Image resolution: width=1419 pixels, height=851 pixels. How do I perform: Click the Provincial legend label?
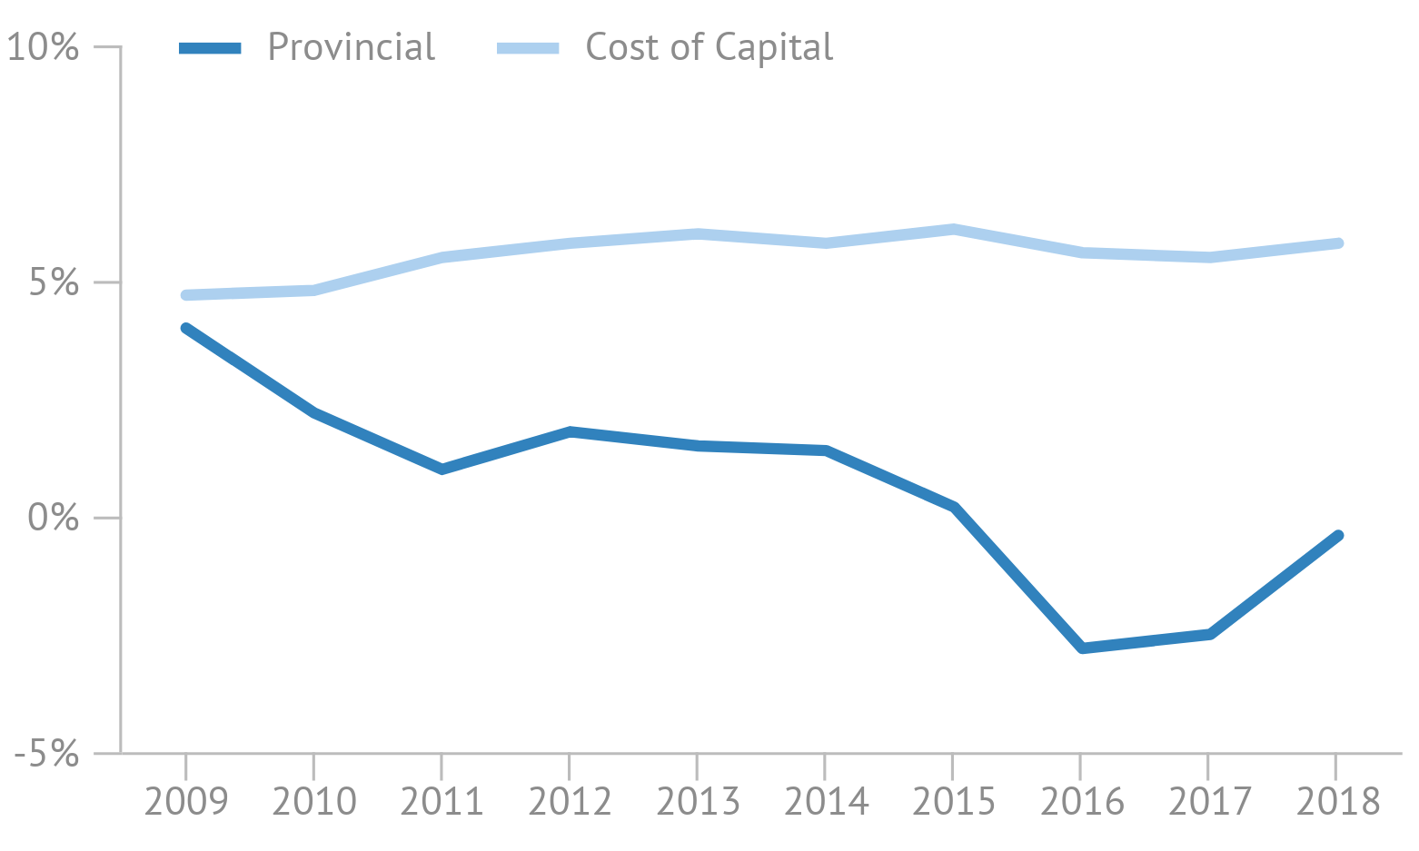pyautogui.click(x=352, y=47)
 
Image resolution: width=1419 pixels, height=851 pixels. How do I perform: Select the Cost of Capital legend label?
pyautogui.click(x=709, y=47)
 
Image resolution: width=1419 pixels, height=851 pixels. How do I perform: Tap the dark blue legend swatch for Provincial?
pyautogui.click(x=210, y=48)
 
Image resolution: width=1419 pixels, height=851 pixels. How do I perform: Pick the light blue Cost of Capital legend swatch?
pyautogui.click(x=528, y=48)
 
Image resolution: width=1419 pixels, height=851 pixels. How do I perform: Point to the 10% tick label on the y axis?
pyautogui.click(x=44, y=47)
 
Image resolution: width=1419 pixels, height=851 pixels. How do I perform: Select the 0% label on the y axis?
pyautogui.click(x=53, y=518)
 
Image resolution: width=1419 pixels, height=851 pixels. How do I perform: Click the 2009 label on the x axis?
pyautogui.click(x=186, y=802)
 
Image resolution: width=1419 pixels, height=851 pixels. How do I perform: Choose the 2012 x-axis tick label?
pyautogui.click(x=570, y=802)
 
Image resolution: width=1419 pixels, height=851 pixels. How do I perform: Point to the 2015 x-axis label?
pyautogui.click(x=953, y=802)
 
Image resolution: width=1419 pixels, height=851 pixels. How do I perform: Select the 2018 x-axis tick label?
pyautogui.click(x=1336, y=802)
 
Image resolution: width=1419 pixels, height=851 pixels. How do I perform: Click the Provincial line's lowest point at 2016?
pyautogui.click(x=1081, y=648)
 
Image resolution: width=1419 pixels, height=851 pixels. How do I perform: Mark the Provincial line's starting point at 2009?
pyautogui.click(x=186, y=329)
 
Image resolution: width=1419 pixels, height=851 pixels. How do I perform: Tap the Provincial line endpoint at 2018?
pyautogui.click(x=1338, y=536)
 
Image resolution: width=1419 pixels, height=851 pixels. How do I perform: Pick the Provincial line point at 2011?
pyautogui.click(x=442, y=470)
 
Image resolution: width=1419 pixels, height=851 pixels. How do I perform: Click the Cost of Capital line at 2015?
pyautogui.click(x=953, y=229)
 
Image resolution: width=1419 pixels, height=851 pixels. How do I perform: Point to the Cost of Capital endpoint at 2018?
pyautogui.click(x=1338, y=243)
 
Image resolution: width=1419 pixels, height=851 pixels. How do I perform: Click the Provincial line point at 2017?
pyautogui.click(x=1209, y=634)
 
